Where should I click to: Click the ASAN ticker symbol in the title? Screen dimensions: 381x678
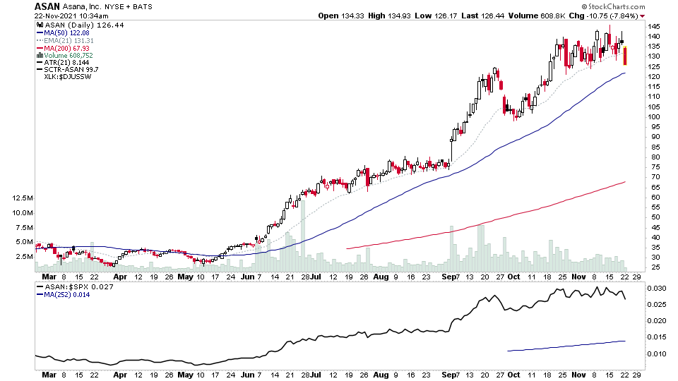click(46, 6)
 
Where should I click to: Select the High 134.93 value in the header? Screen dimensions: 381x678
click(391, 16)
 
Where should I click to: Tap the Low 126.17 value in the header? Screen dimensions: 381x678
click(436, 16)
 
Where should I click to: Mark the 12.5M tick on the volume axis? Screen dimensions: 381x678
click(22, 198)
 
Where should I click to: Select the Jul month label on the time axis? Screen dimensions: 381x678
click(316, 278)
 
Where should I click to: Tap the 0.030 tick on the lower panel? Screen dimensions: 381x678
click(657, 289)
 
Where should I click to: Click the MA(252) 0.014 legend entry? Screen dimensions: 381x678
click(66, 294)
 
